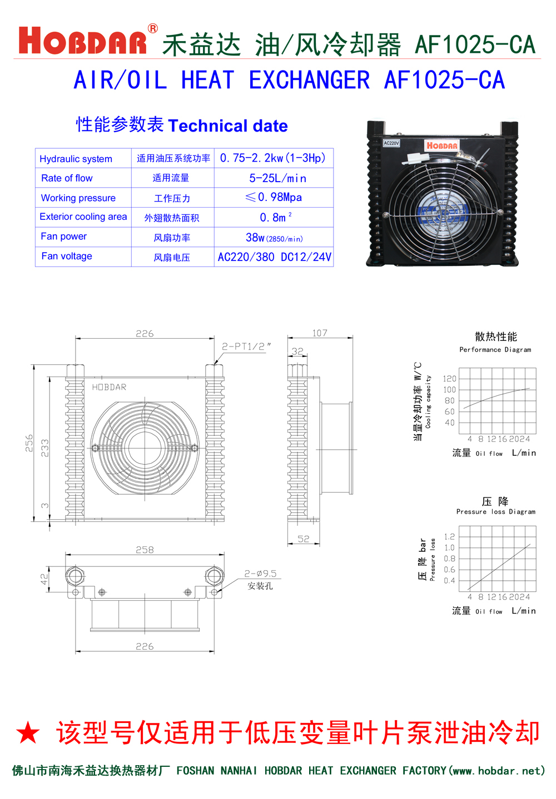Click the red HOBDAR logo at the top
tap(83, 41)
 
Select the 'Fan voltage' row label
tap(67, 256)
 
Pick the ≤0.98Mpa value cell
tap(274, 197)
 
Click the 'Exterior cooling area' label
tap(83, 217)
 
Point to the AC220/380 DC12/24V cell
tap(274, 257)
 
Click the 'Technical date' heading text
tap(227, 126)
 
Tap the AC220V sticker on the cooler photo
tap(391, 143)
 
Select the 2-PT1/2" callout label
tap(246, 346)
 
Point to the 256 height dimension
tap(29, 443)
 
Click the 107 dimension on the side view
tap(320, 333)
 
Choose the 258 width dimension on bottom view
tap(145, 550)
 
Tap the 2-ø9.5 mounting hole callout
tap(260, 574)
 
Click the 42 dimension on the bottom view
tap(44, 579)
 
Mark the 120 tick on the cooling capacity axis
tap(449, 379)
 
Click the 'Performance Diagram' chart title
tap(495, 350)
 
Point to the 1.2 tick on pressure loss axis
tap(449, 536)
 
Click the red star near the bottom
tap(28, 733)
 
